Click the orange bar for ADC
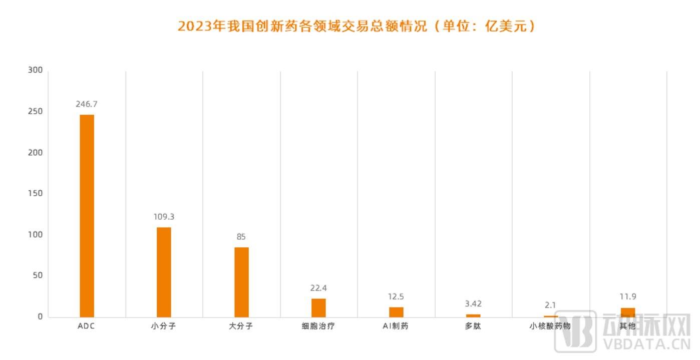click(87, 215)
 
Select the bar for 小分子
click(164, 272)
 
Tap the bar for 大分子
click(241, 282)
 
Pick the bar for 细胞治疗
click(318, 307)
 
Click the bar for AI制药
click(396, 311)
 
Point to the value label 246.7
click(87, 104)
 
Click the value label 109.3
click(164, 217)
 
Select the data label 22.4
click(318, 288)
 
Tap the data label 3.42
click(473, 303)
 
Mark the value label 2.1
click(550, 305)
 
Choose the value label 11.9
click(627, 296)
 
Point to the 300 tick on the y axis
click(36, 70)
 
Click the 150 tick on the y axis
click(36, 193)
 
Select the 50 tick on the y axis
click(37, 275)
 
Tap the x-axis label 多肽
click(473, 326)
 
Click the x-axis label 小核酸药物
click(550, 326)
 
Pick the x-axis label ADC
click(87, 326)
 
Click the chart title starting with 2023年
click(357, 26)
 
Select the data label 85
click(241, 237)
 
